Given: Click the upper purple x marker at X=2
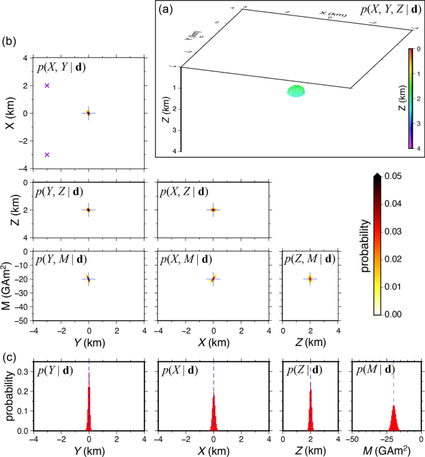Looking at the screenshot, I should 47,86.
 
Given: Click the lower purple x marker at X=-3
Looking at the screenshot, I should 47,154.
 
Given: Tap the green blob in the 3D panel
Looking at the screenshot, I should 297,91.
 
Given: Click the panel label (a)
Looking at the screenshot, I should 166,10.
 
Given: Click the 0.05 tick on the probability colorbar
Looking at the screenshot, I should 395,177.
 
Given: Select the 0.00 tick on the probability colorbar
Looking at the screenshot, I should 395,315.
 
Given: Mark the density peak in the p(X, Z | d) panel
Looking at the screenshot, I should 213,210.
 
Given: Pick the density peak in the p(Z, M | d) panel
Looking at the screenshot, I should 310,279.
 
